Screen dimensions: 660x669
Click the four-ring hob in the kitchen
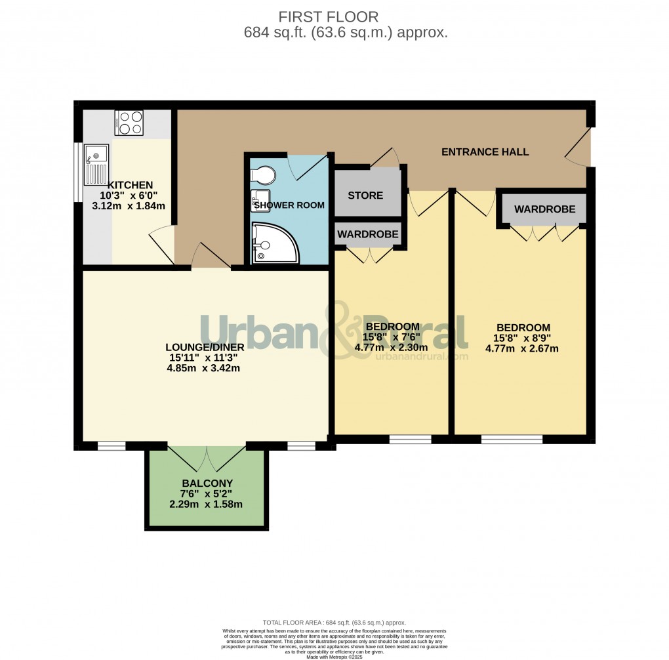(x=129, y=122)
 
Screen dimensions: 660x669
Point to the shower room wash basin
(x=257, y=199)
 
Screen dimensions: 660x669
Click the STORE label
(x=365, y=195)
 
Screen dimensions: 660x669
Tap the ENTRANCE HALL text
(x=485, y=152)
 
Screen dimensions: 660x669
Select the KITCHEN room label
(x=131, y=185)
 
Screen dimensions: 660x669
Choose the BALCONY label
(x=207, y=484)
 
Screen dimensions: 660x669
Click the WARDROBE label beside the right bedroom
(x=544, y=209)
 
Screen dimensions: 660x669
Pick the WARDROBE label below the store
(x=367, y=234)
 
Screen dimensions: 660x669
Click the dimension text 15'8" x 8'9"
(x=523, y=338)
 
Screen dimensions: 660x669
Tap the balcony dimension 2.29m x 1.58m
(x=206, y=505)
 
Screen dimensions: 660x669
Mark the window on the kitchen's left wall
(x=77, y=172)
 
